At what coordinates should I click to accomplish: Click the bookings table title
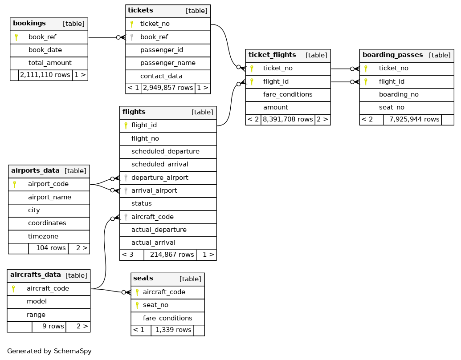coord(29,23)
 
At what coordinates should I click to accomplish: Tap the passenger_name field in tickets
coord(167,63)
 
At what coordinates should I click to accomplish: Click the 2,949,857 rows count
coord(167,88)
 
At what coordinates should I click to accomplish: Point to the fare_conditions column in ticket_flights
coord(287,94)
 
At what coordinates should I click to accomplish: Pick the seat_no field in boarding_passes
coord(392,107)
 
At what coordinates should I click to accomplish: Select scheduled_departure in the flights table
coord(165,151)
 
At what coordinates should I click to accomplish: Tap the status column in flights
coord(141,203)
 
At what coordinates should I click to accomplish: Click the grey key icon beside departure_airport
coord(126,178)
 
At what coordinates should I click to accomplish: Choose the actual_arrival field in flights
coord(153,243)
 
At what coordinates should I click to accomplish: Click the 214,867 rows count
coord(171,255)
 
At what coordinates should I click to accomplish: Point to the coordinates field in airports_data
coord(47,223)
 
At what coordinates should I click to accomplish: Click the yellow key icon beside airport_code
coord(15,184)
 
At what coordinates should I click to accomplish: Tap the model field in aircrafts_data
coord(37,301)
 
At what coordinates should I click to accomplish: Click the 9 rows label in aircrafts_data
coord(53,326)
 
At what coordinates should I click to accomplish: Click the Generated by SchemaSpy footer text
coord(49,351)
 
